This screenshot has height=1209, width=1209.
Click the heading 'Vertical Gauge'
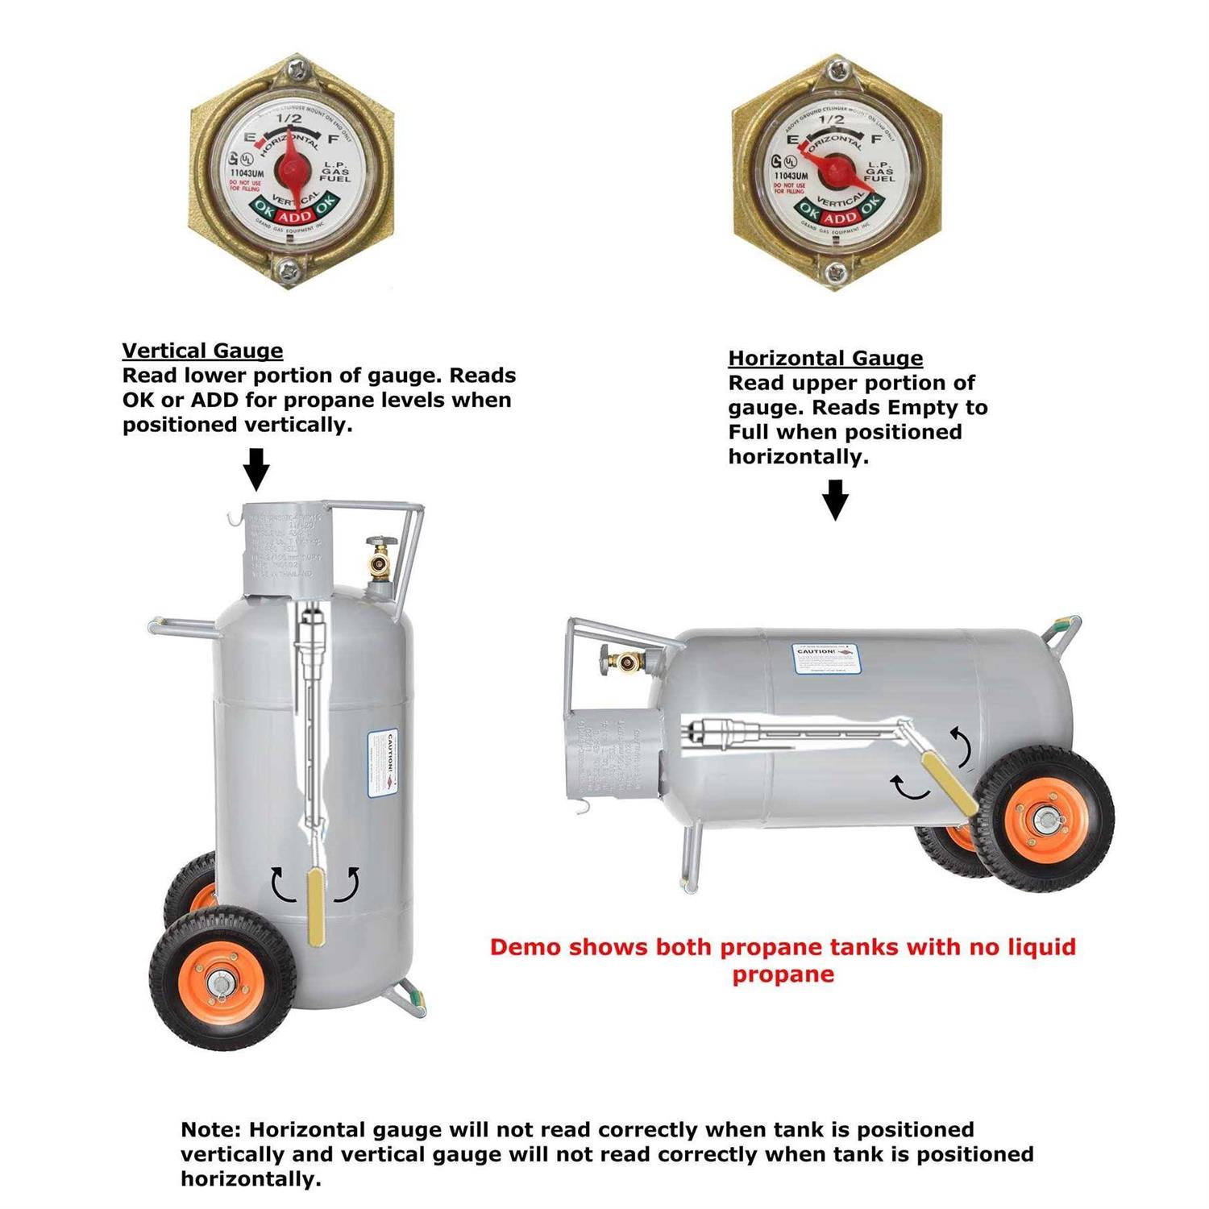202,351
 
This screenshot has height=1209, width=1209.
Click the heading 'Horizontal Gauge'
825,358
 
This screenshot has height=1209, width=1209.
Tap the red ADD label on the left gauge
293,215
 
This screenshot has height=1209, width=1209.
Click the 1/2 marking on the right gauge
831,120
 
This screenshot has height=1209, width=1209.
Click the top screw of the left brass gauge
293,70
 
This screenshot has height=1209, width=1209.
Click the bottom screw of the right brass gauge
833,268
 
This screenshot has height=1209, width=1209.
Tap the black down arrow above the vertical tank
256,470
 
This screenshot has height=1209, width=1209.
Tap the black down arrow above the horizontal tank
835,500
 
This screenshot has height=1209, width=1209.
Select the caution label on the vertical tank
384,764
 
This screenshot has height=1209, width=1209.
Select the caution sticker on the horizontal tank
825,658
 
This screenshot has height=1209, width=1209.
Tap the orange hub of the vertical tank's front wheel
219,982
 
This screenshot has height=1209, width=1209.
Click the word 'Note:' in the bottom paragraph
211,1129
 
